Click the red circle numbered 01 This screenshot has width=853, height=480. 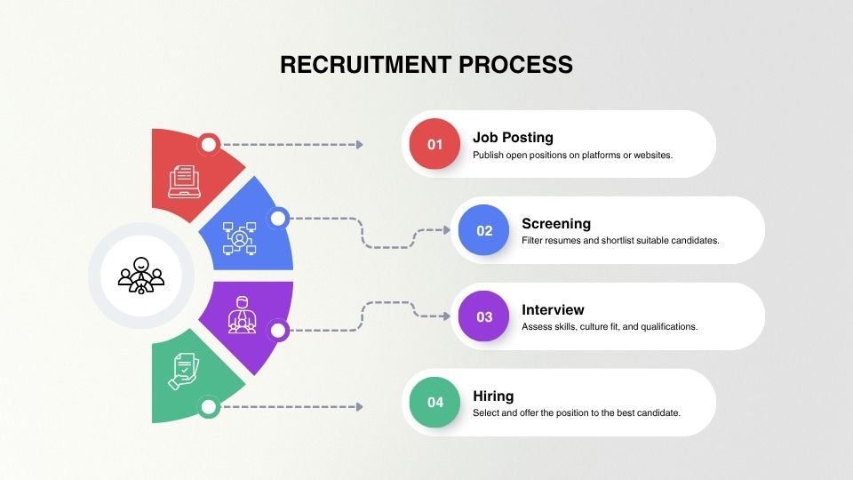pyautogui.click(x=434, y=144)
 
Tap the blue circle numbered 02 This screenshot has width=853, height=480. pyautogui.click(x=483, y=230)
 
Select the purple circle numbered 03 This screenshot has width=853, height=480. pyautogui.click(x=483, y=316)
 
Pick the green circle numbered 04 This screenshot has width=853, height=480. pyautogui.click(x=434, y=402)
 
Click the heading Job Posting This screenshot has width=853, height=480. pyautogui.click(x=513, y=138)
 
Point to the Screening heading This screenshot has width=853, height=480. pyautogui.click(x=556, y=224)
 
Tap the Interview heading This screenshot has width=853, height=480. pyautogui.click(x=553, y=309)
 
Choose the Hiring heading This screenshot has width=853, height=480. pyautogui.click(x=493, y=396)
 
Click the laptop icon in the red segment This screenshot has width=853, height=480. pyautogui.click(x=185, y=181)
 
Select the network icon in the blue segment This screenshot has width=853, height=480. pyautogui.click(x=239, y=238)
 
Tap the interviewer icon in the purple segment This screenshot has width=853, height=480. pyautogui.click(x=242, y=315)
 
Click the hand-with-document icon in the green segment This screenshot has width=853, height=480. pyautogui.click(x=183, y=372)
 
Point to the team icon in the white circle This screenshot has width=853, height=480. pyautogui.click(x=141, y=276)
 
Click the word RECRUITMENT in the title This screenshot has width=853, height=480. pyautogui.click(x=365, y=65)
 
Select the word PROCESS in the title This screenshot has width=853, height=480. pyautogui.click(x=515, y=65)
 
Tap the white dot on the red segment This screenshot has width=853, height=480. pyautogui.click(x=209, y=144)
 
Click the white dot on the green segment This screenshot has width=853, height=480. pyautogui.click(x=209, y=406)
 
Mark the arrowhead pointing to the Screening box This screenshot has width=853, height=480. pyautogui.click(x=447, y=230)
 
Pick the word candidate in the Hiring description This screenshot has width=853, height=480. pyautogui.click(x=658, y=413)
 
